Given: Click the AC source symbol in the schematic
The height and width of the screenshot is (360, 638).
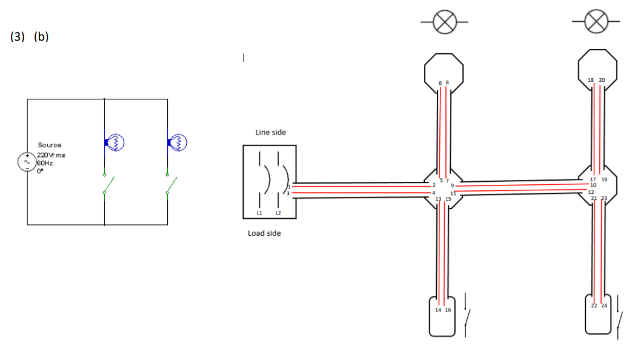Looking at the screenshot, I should click(x=27, y=162).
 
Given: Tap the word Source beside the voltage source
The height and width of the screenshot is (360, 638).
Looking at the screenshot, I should click(x=50, y=145).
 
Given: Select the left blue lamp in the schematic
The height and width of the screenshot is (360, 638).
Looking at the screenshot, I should click(x=115, y=142).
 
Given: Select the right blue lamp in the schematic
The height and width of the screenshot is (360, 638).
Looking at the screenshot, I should click(x=178, y=142).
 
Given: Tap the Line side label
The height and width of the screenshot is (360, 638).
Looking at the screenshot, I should click(x=270, y=132).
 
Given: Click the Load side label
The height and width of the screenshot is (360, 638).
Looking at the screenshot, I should click(x=264, y=233).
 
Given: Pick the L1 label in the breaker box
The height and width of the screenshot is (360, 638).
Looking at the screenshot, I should click(x=259, y=213).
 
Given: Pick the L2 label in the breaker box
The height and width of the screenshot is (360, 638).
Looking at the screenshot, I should click(x=278, y=213).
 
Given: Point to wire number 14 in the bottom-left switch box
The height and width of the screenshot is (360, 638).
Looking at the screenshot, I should click(x=439, y=310).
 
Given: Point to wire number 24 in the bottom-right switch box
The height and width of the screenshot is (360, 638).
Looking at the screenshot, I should click(x=603, y=305).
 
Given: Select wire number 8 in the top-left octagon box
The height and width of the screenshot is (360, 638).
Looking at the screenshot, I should click(x=448, y=82).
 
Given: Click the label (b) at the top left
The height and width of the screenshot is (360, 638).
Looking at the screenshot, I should click(x=41, y=36).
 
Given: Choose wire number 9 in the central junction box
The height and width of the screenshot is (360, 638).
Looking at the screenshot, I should click(x=452, y=185).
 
